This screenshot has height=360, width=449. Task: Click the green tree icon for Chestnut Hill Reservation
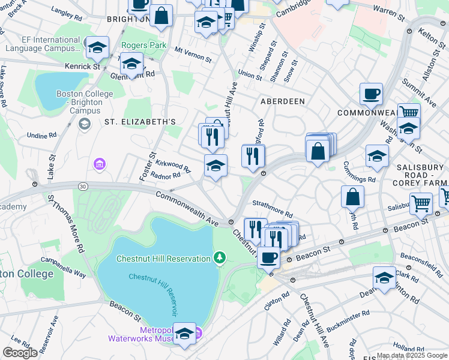pos(220,258)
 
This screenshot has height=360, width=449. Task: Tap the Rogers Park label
pos(143,45)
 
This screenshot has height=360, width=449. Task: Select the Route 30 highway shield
pos(82,187)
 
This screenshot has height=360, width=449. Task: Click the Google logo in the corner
pos(20,353)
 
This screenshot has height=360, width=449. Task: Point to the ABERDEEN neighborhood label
pos(282,101)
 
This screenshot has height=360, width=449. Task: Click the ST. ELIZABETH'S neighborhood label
pos(140,122)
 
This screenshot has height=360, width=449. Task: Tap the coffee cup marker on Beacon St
pos(268,258)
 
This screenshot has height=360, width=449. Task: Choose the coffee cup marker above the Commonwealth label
pos(371,94)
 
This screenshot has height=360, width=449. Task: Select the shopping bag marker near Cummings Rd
pos(353,196)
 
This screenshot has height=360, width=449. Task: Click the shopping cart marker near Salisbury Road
pos(421,203)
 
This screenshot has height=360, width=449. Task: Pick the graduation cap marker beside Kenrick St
pos(97,47)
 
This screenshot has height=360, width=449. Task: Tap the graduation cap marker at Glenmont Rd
pos(131,64)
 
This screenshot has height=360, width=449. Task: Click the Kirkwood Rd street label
pos(173,166)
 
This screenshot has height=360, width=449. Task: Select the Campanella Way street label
pos(64,267)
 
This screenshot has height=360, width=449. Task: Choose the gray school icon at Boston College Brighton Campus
pos(85,124)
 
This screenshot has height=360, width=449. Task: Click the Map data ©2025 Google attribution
pos(411,355)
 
